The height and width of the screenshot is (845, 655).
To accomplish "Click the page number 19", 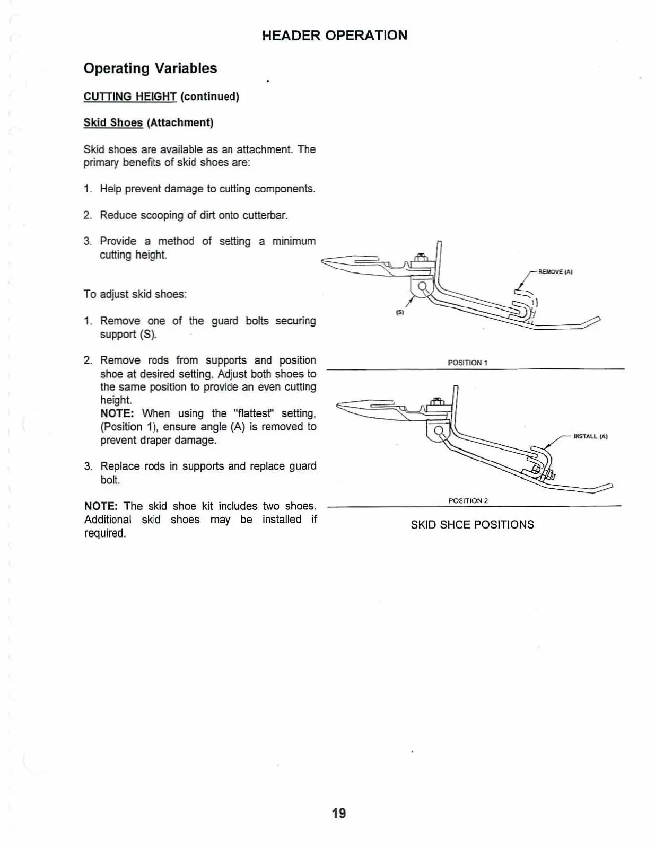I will click(339, 813).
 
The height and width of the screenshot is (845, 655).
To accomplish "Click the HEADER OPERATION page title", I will click(335, 36).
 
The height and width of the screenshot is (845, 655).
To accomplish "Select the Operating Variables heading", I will click(150, 68).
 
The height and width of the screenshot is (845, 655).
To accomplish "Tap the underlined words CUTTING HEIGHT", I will click(130, 96).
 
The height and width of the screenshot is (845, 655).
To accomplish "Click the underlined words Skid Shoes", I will click(113, 123).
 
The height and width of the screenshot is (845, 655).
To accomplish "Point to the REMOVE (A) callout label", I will click(555, 272).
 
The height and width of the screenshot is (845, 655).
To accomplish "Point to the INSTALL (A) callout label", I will click(590, 437).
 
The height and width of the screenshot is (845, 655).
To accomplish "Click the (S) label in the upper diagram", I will click(400, 312).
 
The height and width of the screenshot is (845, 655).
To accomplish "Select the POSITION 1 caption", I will click(467, 363).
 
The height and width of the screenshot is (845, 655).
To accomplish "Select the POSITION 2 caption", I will click(468, 501).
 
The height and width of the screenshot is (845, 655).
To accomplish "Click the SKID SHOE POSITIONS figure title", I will click(472, 525).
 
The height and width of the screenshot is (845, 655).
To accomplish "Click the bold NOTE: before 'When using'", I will click(118, 413).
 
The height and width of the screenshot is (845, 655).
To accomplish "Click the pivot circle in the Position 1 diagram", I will click(423, 287).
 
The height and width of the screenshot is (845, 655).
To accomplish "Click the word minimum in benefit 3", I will click(294, 242).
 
